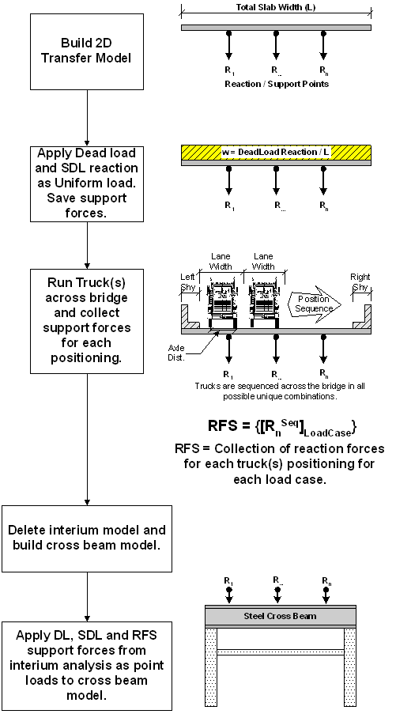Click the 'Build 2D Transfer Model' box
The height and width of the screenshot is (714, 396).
[87, 51]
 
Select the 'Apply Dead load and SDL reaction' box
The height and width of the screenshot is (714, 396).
[87, 183]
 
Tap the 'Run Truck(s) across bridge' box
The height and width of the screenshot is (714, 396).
[87, 321]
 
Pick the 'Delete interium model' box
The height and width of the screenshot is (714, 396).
[87, 538]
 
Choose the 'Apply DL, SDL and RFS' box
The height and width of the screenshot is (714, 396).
[87, 666]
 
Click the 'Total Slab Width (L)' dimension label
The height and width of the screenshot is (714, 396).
[276, 8]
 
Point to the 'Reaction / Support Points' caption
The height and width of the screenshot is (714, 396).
[277, 85]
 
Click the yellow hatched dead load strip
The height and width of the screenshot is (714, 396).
[277, 153]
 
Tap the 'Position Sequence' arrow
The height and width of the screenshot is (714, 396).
[314, 304]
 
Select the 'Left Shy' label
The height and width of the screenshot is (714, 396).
[188, 281]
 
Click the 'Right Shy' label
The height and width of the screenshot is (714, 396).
[360, 281]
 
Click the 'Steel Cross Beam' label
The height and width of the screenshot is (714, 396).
[281, 617]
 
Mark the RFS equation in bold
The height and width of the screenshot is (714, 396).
[282, 426]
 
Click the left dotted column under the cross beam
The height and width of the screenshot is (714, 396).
[211, 667]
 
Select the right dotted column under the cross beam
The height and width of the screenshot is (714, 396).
[350, 667]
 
